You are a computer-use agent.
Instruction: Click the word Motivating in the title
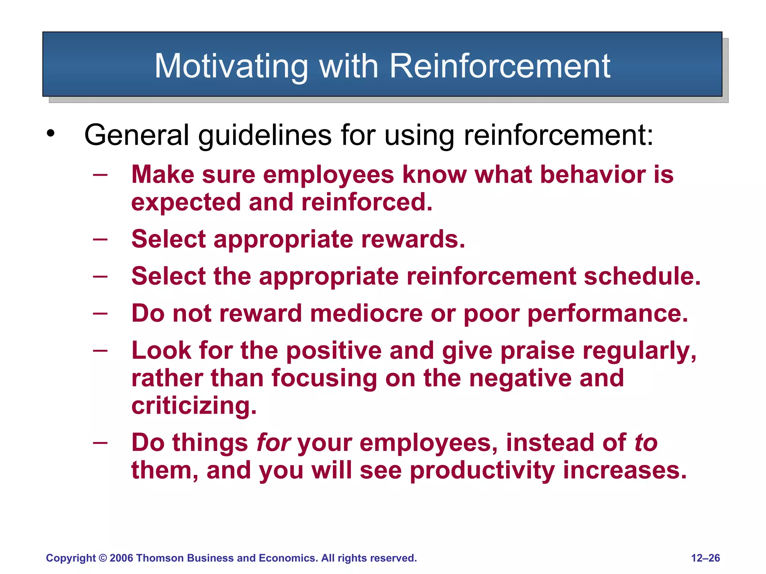(231, 67)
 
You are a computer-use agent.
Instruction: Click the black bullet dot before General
(51, 133)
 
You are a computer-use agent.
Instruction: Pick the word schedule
(642, 276)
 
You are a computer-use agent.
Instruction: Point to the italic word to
(646, 442)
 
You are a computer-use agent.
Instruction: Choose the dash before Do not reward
(100, 313)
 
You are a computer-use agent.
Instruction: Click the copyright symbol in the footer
(103, 558)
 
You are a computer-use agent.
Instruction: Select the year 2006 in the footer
(122, 558)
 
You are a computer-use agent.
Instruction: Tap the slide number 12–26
(705, 558)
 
